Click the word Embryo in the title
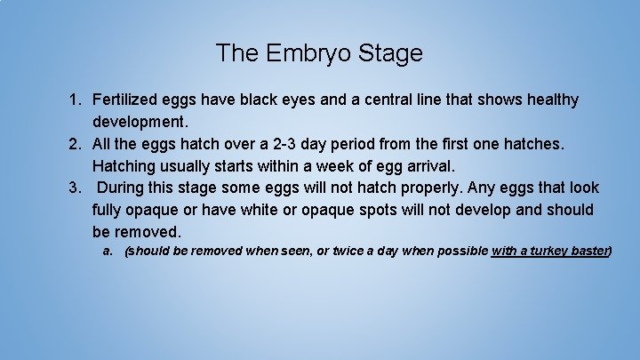(307, 53)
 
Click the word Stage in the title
(390, 53)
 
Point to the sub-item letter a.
(108, 251)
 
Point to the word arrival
(426, 165)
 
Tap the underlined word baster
(590, 251)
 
